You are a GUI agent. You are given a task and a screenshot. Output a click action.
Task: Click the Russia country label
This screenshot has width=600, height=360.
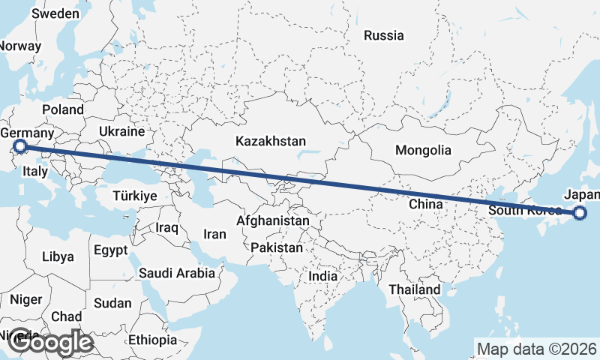pos(383,35)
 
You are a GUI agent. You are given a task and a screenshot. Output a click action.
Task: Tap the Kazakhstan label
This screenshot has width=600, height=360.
pos(271,141)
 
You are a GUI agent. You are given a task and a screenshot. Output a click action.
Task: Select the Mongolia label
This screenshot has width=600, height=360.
pos(423,150)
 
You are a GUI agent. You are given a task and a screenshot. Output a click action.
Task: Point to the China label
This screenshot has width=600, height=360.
pos(424,204)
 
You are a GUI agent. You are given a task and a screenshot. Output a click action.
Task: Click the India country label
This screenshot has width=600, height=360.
pos(323,276)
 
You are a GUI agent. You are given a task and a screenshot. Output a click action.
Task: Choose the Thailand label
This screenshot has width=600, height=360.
pos(414,289)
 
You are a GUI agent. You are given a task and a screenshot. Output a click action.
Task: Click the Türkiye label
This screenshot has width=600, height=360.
pos(134,196)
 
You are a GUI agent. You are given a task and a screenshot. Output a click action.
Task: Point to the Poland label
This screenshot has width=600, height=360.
pos(63,109)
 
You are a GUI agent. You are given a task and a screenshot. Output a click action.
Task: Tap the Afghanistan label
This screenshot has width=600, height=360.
pos(272,221)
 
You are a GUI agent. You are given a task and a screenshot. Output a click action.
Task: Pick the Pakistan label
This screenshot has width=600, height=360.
pos(277,247)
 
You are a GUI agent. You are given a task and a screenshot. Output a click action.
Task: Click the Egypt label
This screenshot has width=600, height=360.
pos(112,250)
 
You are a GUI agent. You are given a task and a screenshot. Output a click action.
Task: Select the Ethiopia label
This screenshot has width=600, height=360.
pos(152,340)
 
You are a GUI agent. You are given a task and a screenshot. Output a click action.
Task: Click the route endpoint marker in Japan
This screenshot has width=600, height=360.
pos(580,214)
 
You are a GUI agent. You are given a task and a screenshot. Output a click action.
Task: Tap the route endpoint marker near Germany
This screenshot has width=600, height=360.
pos(20,146)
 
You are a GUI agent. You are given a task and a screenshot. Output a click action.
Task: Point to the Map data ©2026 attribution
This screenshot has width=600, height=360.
pos(536,349)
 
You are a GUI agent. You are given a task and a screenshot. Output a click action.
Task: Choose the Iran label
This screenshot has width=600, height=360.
pos(214,234)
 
